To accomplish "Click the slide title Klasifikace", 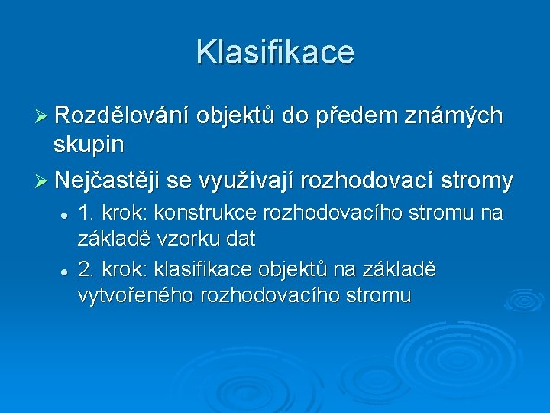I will point(275,52).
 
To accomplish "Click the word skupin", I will point(89,143).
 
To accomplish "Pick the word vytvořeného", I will point(135,295).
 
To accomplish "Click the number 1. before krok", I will point(86,213).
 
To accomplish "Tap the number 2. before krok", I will point(86,269).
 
